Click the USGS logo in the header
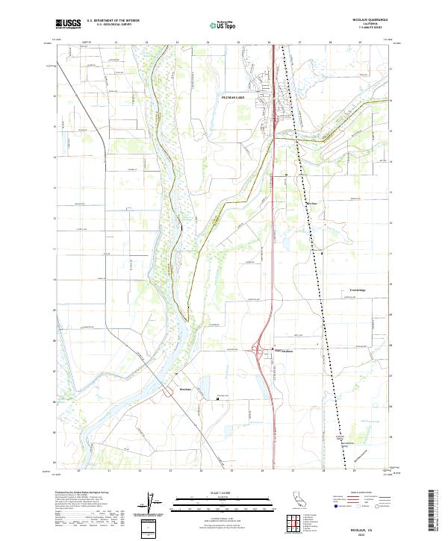[68, 25]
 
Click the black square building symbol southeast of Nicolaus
[218, 399]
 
